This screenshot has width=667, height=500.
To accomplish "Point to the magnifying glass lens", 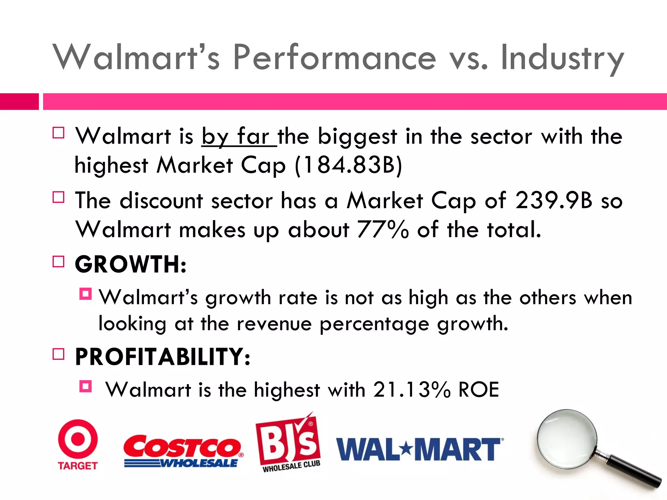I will pos(567,439).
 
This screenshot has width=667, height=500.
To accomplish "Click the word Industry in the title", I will pos(562,58).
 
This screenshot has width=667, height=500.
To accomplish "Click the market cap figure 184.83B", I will pos(348,165).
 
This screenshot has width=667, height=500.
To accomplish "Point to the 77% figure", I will pos(383,229).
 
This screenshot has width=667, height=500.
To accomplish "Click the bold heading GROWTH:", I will pos(131,264).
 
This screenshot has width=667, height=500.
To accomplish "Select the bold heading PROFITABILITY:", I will pos(163,357).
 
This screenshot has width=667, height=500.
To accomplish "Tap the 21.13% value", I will pos(412,390).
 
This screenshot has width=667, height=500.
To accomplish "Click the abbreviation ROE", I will pos(479,390).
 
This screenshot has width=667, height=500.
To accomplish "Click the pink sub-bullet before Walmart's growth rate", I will pos(85,294).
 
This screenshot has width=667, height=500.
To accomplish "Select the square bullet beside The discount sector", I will pos(58,197).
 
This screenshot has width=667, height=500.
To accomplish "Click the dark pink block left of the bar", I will pos(19,102).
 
